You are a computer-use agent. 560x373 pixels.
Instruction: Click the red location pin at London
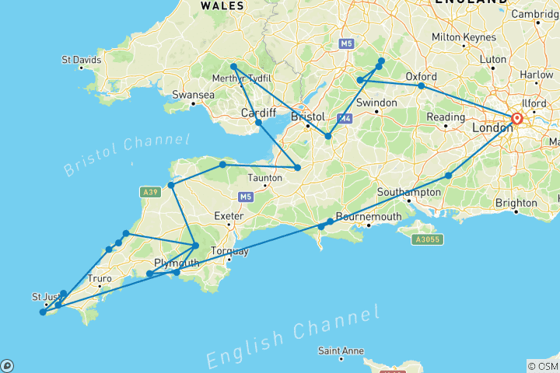516,119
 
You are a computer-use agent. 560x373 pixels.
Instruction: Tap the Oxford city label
422,76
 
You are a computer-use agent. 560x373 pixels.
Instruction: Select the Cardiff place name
258,113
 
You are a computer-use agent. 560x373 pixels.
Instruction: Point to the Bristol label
307,117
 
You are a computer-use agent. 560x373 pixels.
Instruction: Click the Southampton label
409,191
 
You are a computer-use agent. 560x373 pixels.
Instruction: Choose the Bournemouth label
369,216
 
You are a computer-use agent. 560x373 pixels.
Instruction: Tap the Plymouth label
177,263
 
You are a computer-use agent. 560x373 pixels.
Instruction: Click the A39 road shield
150,191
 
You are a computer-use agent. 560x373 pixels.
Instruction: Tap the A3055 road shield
427,239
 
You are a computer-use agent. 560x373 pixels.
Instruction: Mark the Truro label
99,278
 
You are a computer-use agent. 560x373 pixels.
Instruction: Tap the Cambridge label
534,14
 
